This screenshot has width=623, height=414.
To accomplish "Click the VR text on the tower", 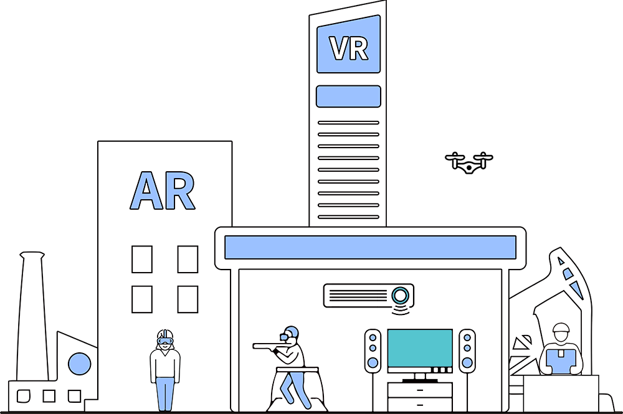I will [x=348, y=49].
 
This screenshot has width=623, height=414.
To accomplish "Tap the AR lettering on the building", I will [x=163, y=191].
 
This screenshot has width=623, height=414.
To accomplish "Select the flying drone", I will [x=468, y=162].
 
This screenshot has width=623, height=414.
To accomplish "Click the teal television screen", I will [x=420, y=350].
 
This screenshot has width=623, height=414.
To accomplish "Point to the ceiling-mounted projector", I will [x=368, y=295].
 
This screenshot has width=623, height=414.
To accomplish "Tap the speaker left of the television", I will [x=373, y=351].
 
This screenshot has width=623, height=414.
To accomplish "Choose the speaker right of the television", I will [x=467, y=351].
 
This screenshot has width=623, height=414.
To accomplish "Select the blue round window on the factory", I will [x=79, y=364].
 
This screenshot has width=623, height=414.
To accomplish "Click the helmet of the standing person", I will [x=164, y=334].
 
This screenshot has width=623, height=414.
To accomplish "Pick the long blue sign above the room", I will [x=370, y=247].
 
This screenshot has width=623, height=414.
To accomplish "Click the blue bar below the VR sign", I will [x=348, y=96].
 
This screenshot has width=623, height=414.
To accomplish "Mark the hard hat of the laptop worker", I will [x=561, y=329].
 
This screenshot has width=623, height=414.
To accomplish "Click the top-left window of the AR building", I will [x=142, y=259].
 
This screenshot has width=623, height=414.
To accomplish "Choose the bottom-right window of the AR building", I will [x=188, y=299].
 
